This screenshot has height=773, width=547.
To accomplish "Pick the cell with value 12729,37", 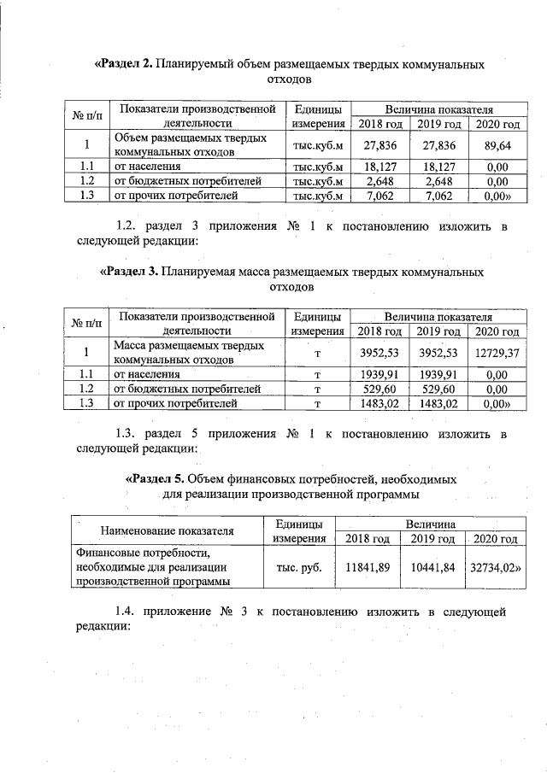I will (497, 353).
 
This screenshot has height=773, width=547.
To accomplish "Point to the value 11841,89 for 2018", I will (367, 566).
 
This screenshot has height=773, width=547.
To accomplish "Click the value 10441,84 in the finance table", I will (432, 566).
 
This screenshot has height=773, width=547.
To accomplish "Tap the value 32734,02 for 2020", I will (495, 566).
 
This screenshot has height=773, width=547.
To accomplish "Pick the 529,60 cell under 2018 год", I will (379, 389).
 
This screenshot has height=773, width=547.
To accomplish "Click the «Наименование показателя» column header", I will (167, 530).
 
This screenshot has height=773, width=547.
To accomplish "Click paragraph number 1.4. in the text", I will (128, 612).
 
